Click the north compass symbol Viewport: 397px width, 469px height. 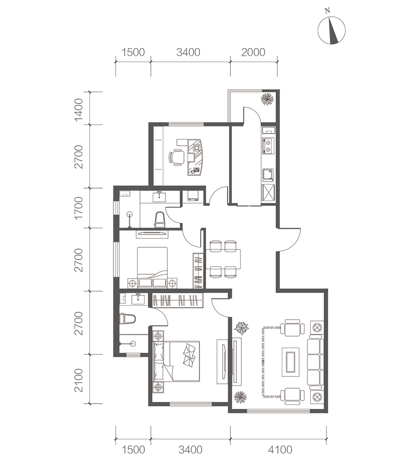pyautogui.click(x=331, y=30)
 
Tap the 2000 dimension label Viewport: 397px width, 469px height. pyautogui.click(x=253, y=53)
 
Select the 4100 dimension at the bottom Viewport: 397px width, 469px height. pyautogui.click(x=280, y=450)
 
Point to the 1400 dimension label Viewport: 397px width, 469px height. pyautogui.click(x=79, y=110)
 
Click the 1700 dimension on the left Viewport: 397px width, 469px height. pyautogui.click(x=79, y=208)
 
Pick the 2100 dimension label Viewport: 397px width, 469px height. pyautogui.click(x=79, y=380)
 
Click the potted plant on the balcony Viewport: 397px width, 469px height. pyautogui.click(x=267, y=99)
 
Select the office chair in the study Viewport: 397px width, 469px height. pyautogui.click(x=176, y=157)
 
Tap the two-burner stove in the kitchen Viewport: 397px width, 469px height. pyautogui.click(x=268, y=146)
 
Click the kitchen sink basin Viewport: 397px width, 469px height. pyautogui.click(x=268, y=175)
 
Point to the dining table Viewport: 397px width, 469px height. pyautogui.click(x=223, y=259)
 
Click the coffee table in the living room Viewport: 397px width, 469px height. pyautogui.click(x=291, y=362)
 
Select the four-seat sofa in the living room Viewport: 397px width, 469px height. pyautogui.click(x=315, y=362)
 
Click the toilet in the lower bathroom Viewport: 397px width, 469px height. pyautogui.click(x=127, y=319)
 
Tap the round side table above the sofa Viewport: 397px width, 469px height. pyautogui.click(x=317, y=327)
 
